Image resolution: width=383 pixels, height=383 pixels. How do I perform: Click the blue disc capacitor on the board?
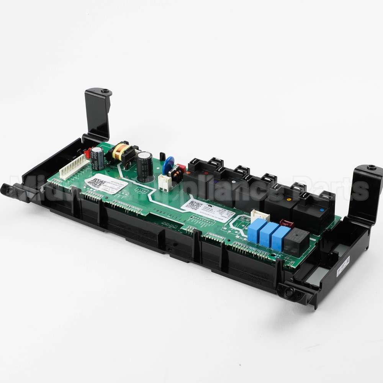pos(168,165)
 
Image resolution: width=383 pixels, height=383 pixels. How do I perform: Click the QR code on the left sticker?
pos(95,182)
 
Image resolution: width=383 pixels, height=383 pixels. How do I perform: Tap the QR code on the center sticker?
pos(194,205)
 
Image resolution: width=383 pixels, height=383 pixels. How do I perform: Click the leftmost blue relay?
pos(257,230)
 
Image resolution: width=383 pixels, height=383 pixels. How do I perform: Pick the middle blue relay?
pos(269,234)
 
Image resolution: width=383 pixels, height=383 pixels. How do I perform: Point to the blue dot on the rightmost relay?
pos(321,210)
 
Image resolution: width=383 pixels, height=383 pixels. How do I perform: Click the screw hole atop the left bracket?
pos(104,92)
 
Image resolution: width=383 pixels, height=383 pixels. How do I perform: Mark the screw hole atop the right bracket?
pos(371,167)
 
